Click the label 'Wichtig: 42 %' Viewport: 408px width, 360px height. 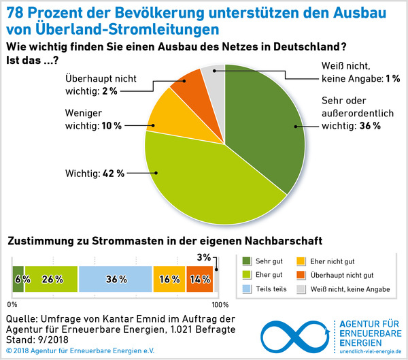96,173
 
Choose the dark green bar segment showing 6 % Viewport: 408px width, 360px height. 18,280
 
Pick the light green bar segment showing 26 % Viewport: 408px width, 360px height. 52,280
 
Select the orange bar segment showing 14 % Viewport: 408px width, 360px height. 199,280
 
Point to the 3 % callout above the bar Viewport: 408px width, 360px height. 203,257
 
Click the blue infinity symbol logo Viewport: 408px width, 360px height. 295,333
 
